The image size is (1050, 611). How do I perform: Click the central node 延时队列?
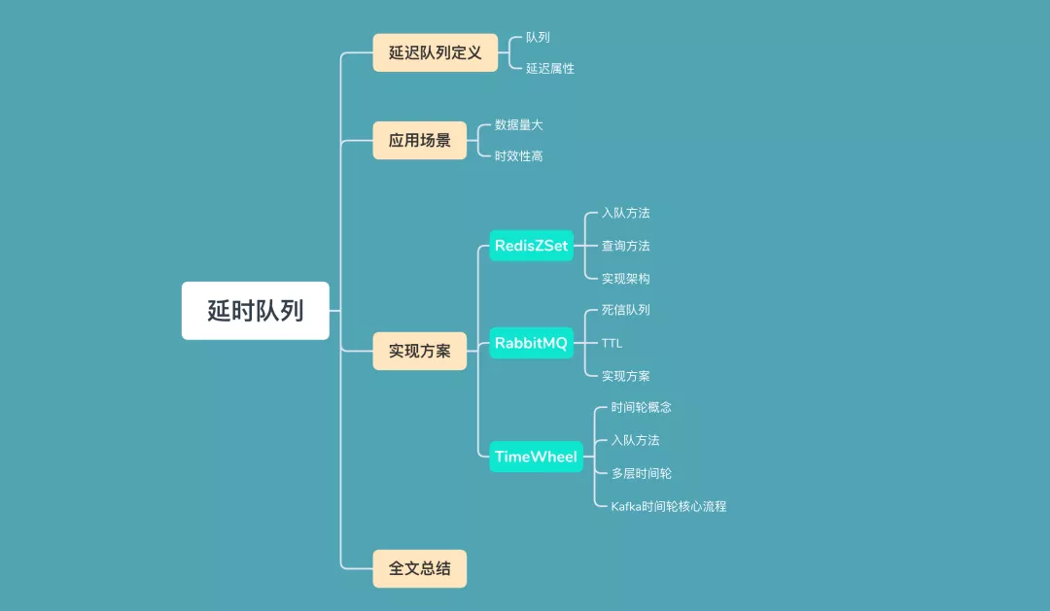tap(255, 311)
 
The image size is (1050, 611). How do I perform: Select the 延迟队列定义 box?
tap(435, 52)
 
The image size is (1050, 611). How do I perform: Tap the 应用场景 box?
tap(419, 140)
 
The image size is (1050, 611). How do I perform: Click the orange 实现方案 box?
tap(419, 351)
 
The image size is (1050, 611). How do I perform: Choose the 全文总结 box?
tap(419, 568)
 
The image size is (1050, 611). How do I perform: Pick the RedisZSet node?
tap(531, 246)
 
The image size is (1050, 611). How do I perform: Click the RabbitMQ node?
tap(531, 343)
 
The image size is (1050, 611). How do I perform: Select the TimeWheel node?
tap(536, 457)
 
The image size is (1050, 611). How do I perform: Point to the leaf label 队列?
tap(538, 37)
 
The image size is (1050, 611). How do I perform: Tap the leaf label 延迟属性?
tap(550, 68)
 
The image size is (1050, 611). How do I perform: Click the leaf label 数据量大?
tap(519, 124)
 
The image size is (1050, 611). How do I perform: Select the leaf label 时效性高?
tap(519, 155)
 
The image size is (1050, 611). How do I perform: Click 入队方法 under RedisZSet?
tap(625, 213)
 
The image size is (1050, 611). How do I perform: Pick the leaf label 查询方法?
tap(625, 246)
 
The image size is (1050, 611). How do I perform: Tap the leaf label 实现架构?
tap(625, 278)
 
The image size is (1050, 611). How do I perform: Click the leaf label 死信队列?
tap(625, 310)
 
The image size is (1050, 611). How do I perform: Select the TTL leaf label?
tap(612, 343)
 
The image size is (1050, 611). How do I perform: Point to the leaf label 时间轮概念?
tap(641, 407)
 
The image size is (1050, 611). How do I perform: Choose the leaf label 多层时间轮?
tap(641, 473)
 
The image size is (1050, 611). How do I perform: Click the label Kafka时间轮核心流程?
tap(668, 506)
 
